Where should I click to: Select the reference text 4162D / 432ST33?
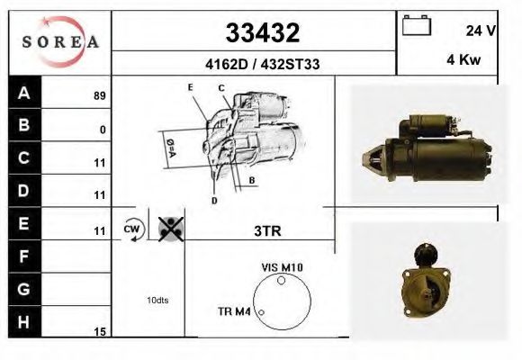[x=261, y=65]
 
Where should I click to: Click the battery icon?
[x=417, y=26]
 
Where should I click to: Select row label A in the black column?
[x=24, y=93]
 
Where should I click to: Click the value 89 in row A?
[x=100, y=94]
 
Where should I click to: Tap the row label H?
[x=24, y=321]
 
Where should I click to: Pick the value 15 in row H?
[x=100, y=332]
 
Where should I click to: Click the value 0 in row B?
[x=103, y=130]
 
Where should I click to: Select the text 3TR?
[x=267, y=230]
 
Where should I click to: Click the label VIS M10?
[x=282, y=267]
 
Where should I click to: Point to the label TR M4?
[x=233, y=312]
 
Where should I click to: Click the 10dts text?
[x=157, y=301]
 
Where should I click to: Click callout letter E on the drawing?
[x=191, y=86]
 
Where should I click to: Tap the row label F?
[x=24, y=256]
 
